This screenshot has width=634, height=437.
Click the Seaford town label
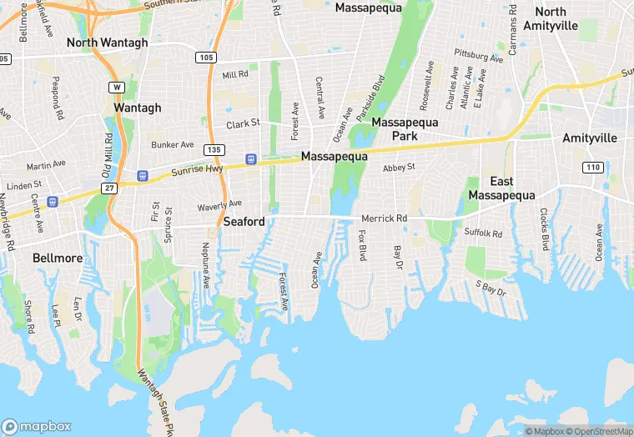[244, 222]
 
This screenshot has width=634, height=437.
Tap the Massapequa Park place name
[405, 128]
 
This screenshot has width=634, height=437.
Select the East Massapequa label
[501, 188]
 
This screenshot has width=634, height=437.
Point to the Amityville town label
[591, 138]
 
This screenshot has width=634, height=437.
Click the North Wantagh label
[107, 43]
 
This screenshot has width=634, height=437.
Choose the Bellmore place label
[58, 258]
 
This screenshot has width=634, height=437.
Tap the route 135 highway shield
[214, 149]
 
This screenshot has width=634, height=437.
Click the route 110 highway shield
[592, 168]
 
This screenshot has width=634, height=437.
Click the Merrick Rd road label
[384, 218]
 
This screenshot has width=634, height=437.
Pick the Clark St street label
[243, 123]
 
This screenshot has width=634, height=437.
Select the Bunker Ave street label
[172, 144]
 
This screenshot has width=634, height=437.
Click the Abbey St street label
[399, 168]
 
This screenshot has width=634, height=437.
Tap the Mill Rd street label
[235, 74]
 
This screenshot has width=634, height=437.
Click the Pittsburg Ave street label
[479, 57]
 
